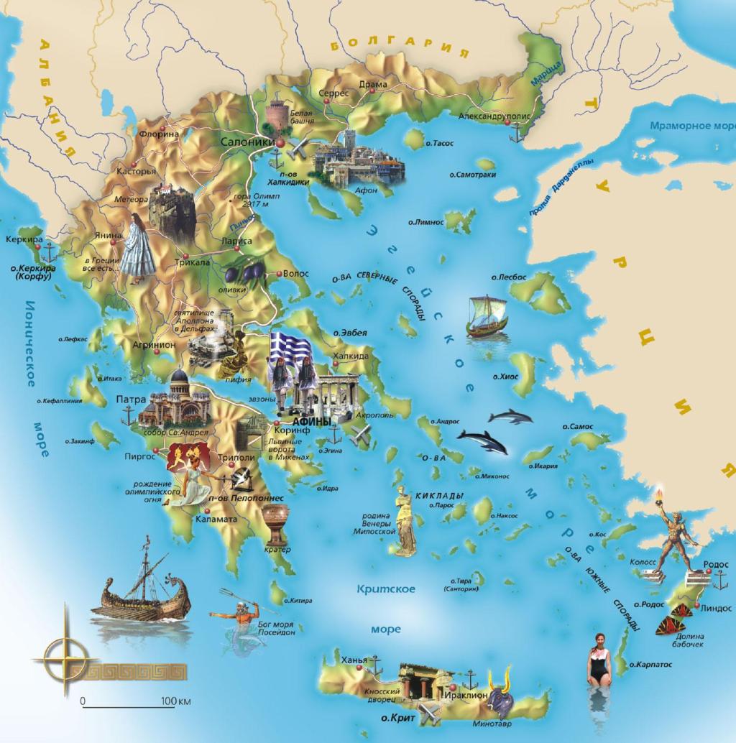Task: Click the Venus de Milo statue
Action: (x=406, y=520)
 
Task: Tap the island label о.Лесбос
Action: (x=509, y=277)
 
